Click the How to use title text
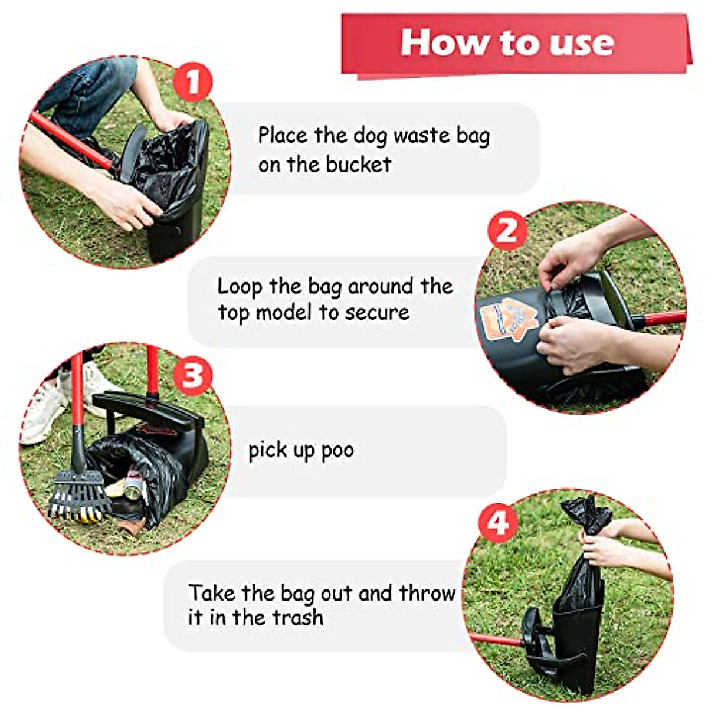click(x=507, y=42)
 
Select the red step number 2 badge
click(x=506, y=230)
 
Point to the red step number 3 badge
click(x=192, y=373)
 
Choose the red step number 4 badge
click(x=498, y=521)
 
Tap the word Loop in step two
click(x=240, y=287)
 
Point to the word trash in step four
click(x=297, y=617)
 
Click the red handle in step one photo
click(x=68, y=139)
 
